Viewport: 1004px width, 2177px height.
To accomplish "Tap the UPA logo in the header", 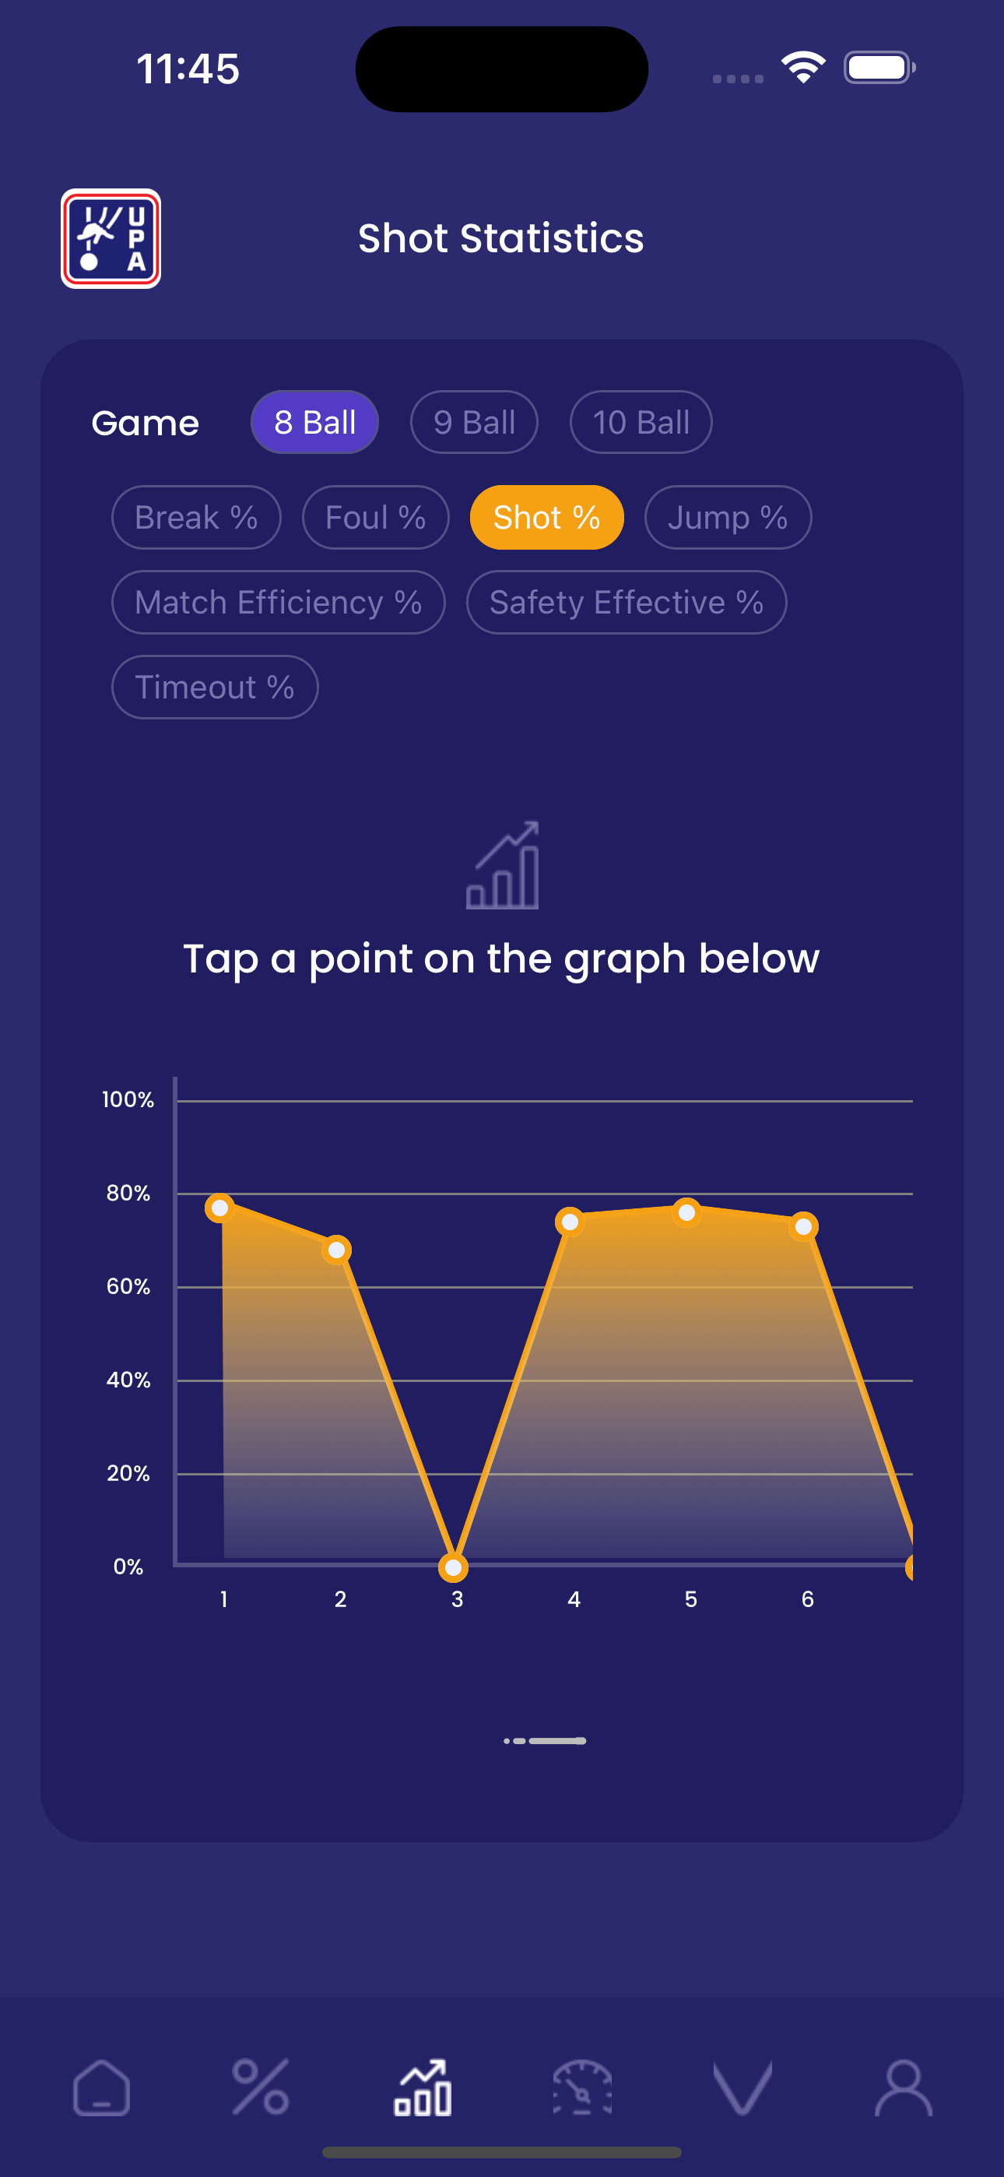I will coord(111,238).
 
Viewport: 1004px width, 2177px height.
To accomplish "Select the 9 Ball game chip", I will coord(474,422).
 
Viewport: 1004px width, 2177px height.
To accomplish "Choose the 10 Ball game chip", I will coord(641,422).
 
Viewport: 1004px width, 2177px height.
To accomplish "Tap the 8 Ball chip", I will coord(314,422).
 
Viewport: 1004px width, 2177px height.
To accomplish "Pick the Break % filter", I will coord(196,517).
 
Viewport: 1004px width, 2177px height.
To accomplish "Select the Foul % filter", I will coord(375,517).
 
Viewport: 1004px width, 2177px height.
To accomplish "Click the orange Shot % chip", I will coord(547,517).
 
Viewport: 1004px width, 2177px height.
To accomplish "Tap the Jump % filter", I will coord(728,517).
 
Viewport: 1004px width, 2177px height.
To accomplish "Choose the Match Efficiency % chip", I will coord(278,603).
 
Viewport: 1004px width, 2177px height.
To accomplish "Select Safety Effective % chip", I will coord(627,603).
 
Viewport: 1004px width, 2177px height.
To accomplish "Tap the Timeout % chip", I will coord(215,687).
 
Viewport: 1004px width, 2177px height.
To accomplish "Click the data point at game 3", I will coord(454,1567).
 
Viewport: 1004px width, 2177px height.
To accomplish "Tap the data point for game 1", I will coord(219,1208).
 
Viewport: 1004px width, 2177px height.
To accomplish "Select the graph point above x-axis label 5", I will coord(687,1213).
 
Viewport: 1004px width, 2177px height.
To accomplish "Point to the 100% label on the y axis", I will coord(128,1099).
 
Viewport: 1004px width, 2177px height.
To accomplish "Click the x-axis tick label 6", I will coord(807,1599).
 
